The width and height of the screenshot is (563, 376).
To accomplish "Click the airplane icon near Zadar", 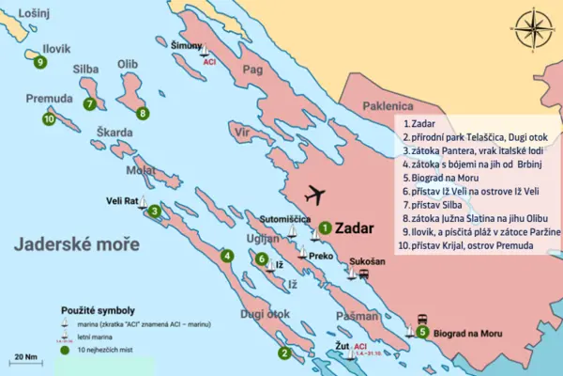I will pyautogui.click(x=317, y=196).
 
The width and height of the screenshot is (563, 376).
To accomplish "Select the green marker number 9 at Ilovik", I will pyautogui.click(x=39, y=64).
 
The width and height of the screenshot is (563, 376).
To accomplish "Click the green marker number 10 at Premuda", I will pyautogui.click(x=48, y=118).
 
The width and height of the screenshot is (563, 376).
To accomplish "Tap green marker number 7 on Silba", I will pyautogui.click(x=89, y=104).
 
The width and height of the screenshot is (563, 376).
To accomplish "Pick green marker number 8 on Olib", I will pyautogui.click(x=143, y=114).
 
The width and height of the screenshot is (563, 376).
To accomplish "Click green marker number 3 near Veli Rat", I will pyautogui.click(x=154, y=211).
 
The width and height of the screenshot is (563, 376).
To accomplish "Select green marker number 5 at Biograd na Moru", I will pyautogui.click(x=423, y=332).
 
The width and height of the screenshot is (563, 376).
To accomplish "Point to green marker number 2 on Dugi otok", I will pyautogui.click(x=283, y=353).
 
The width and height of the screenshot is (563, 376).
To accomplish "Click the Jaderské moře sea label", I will pyautogui.click(x=78, y=245).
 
